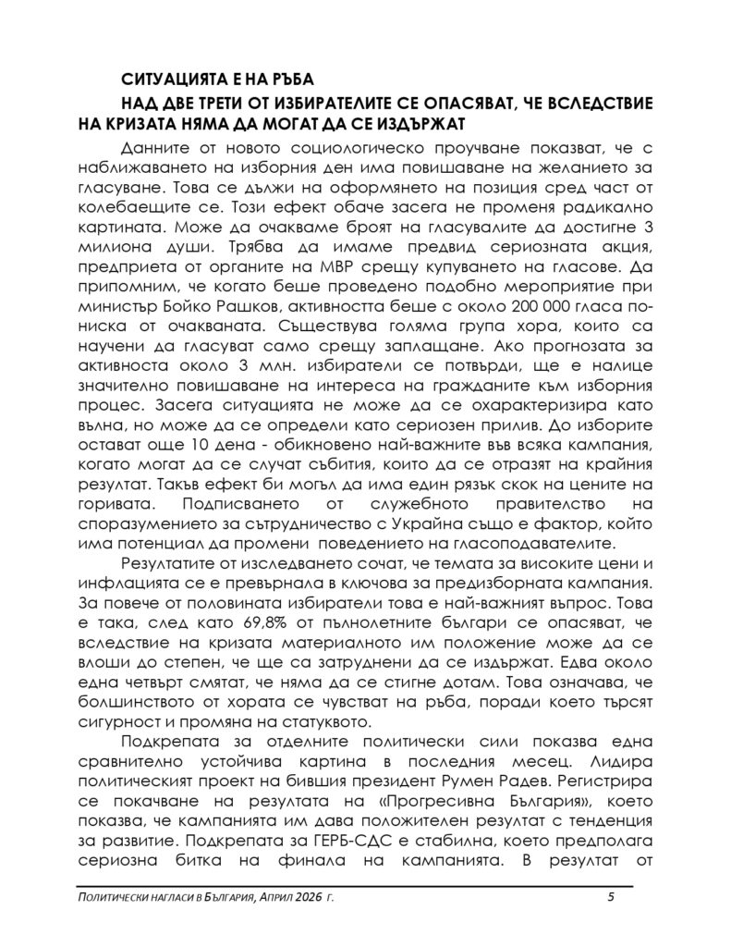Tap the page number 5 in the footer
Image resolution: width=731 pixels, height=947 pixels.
(611, 897)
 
